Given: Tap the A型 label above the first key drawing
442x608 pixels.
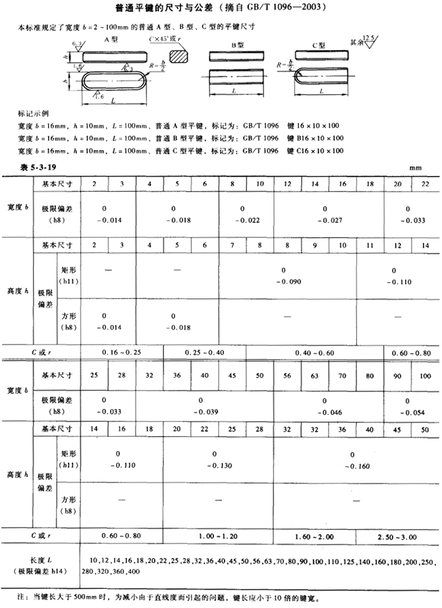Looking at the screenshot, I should (111, 40).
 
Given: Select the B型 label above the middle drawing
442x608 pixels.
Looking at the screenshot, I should (236, 45).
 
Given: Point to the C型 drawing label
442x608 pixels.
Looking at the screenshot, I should (320, 45).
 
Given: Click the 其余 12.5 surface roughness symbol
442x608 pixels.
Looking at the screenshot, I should (365, 41).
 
